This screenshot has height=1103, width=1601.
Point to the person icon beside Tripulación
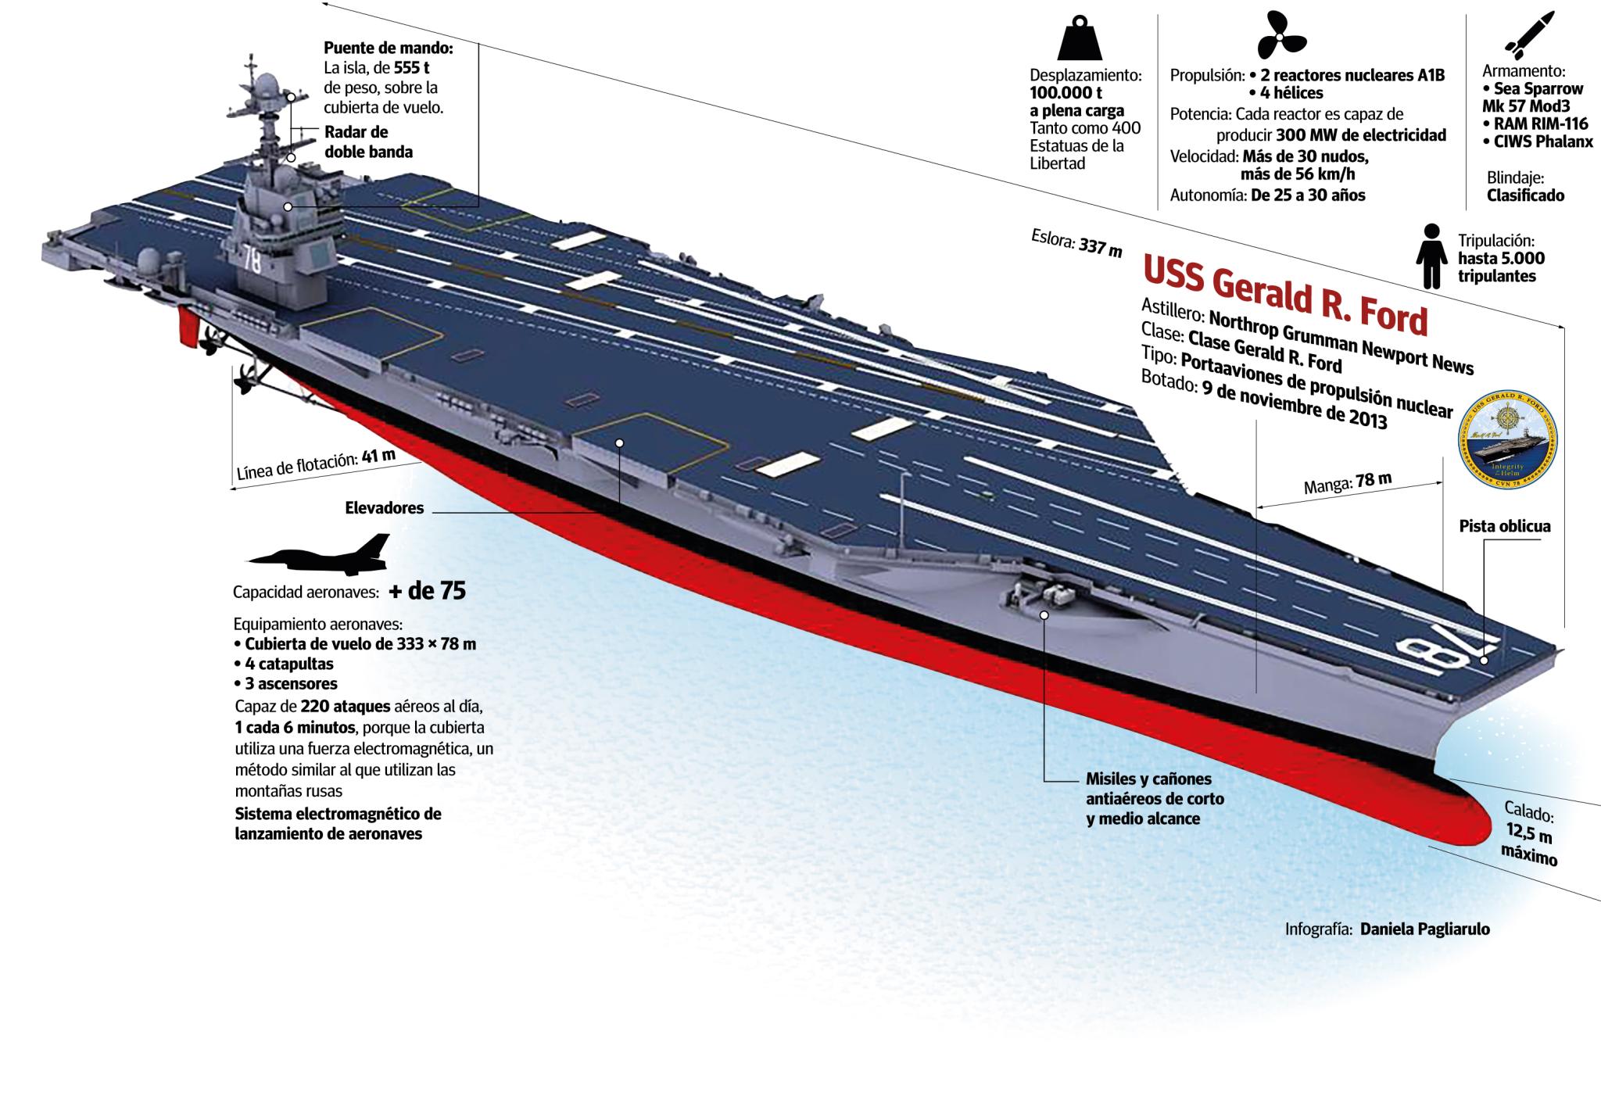pyautogui.click(x=1431, y=256)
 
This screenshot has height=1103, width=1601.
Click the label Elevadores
pyautogui.click(x=384, y=508)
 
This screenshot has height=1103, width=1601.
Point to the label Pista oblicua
pyautogui.click(x=1504, y=526)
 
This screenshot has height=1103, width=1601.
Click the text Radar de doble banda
pyautogui.click(x=368, y=141)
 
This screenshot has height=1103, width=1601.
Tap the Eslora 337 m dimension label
pyautogui.click(x=1076, y=242)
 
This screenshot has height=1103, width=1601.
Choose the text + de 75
pyautogui.click(x=427, y=591)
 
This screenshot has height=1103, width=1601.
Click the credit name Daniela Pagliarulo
pyautogui.click(x=1424, y=929)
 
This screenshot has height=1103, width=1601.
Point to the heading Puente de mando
pyautogui.click(x=389, y=48)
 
